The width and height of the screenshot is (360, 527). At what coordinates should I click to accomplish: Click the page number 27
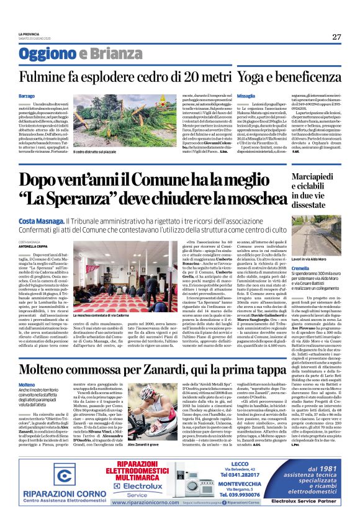tap(336, 37)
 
